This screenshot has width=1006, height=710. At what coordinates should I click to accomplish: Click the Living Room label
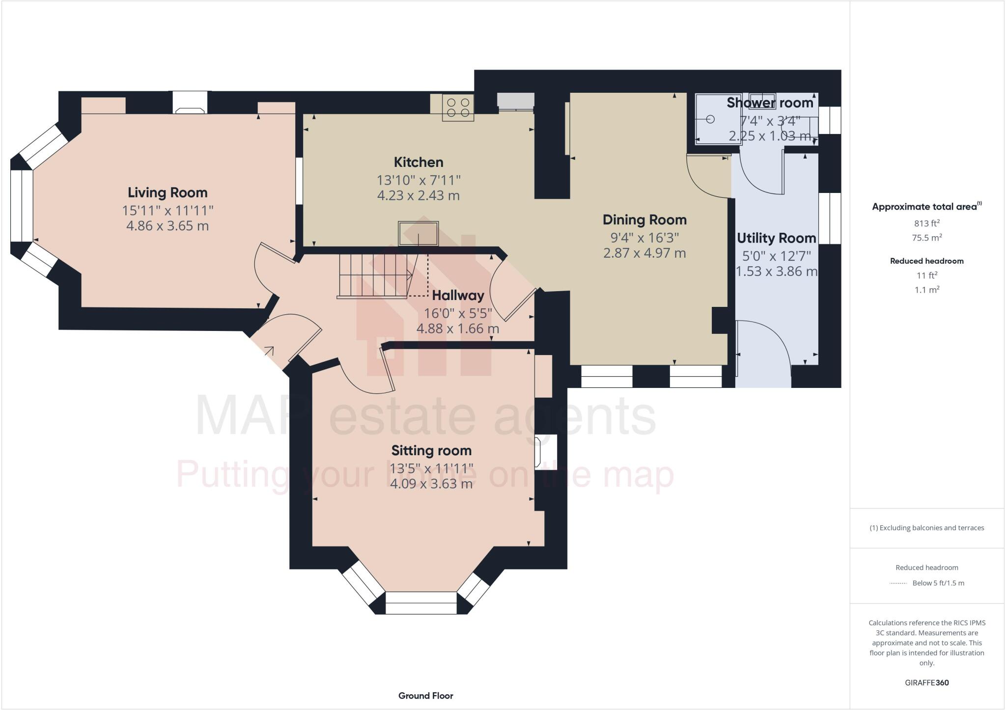pyautogui.click(x=168, y=192)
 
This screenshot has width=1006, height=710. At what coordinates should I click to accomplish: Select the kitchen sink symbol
pyautogui.click(x=418, y=233)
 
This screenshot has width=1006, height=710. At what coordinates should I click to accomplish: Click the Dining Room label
pyautogui.click(x=644, y=219)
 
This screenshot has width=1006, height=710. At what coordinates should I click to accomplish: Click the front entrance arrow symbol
pyautogui.click(x=269, y=351)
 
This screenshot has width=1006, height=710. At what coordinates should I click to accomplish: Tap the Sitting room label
pyautogui.click(x=431, y=450)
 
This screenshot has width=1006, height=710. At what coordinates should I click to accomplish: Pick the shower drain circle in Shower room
pyautogui.click(x=710, y=119)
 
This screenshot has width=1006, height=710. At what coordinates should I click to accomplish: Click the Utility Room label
pyautogui.click(x=776, y=238)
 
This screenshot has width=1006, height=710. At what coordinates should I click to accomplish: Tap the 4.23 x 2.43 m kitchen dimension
pyautogui.click(x=418, y=195)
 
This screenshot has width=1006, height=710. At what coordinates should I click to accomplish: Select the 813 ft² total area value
pyautogui.click(x=926, y=223)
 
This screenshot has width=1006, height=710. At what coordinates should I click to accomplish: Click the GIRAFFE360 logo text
pyautogui.click(x=926, y=683)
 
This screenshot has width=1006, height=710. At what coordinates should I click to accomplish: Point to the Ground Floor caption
pyautogui.click(x=425, y=695)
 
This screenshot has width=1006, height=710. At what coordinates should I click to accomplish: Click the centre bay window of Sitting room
pyautogui.click(x=421, y=602)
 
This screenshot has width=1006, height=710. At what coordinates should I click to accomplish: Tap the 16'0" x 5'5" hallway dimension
pyautogui.click(x=458, y=313)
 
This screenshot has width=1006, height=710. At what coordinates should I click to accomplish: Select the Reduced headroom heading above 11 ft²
pyautogui.click(x=926, y=261)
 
